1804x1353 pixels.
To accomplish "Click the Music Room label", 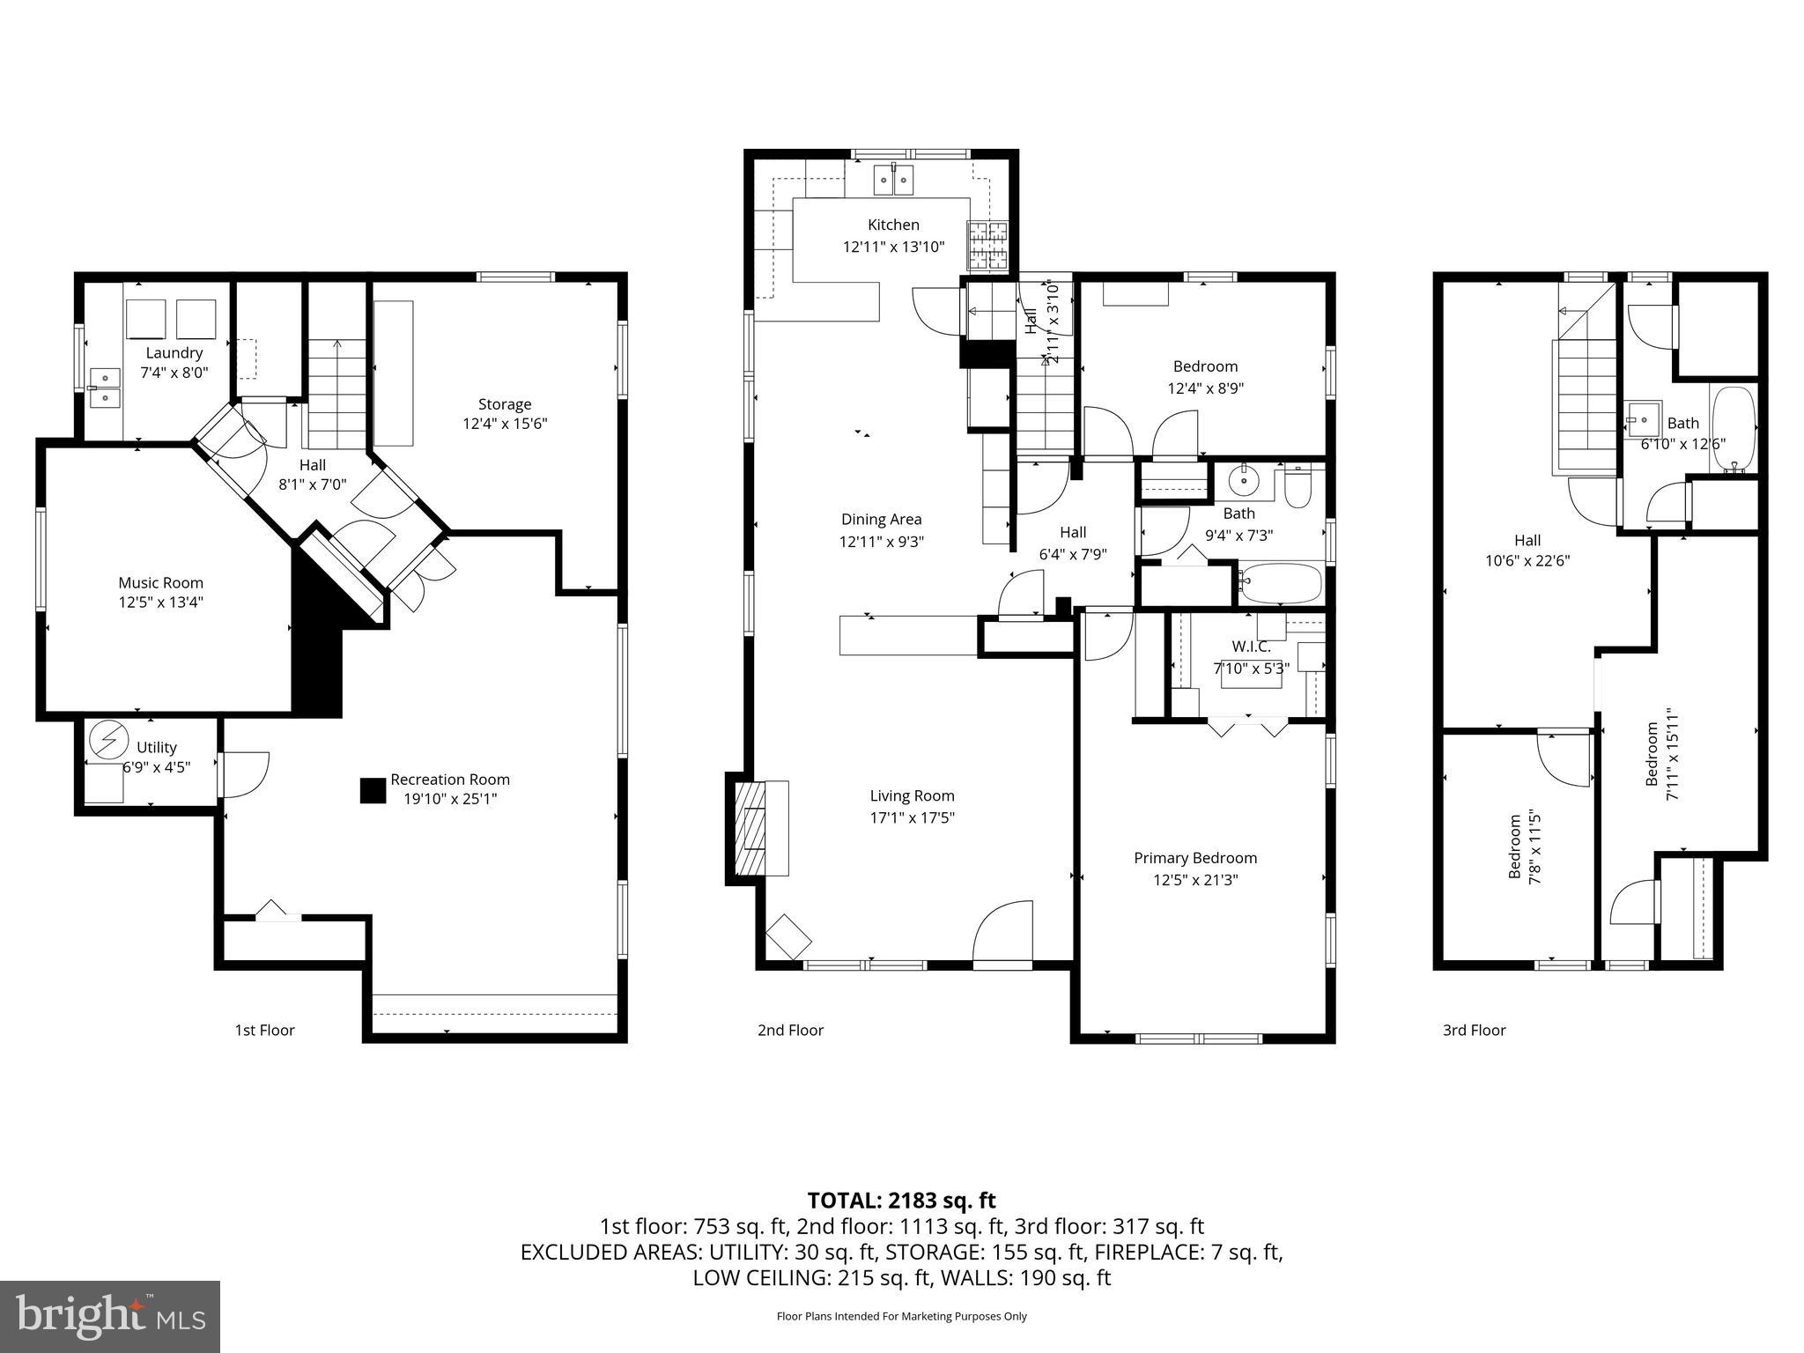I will tap(160, 582).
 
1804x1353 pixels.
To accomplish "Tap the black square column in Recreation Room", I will tap(373, 790).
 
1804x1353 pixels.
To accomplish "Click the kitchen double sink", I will tap(893, 181).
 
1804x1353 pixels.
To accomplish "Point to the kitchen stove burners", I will tap(987, 245).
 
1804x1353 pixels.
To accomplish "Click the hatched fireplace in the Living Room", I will tap(751, 828).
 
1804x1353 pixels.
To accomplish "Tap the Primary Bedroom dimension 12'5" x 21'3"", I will tap(1195, 879).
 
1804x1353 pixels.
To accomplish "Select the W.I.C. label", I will tap(1251, 647).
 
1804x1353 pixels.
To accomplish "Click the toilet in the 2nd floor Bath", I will tap(1298, 487).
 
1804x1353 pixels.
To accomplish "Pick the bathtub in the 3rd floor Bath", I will tap(1732, 429).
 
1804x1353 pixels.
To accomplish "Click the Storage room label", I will tap(505, 404).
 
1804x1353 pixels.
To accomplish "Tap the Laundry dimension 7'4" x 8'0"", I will tap(174, 373).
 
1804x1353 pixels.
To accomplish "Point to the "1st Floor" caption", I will tap(264, 1030).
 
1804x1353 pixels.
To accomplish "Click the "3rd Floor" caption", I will tap(1474, 1030).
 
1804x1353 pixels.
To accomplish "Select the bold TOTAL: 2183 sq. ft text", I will tap(901, 1200).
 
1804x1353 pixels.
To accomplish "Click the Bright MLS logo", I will tap(109, 1316).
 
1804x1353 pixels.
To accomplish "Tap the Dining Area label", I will tap(881, 520).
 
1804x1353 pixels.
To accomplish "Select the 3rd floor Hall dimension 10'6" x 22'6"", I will tap(1527, 560).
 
